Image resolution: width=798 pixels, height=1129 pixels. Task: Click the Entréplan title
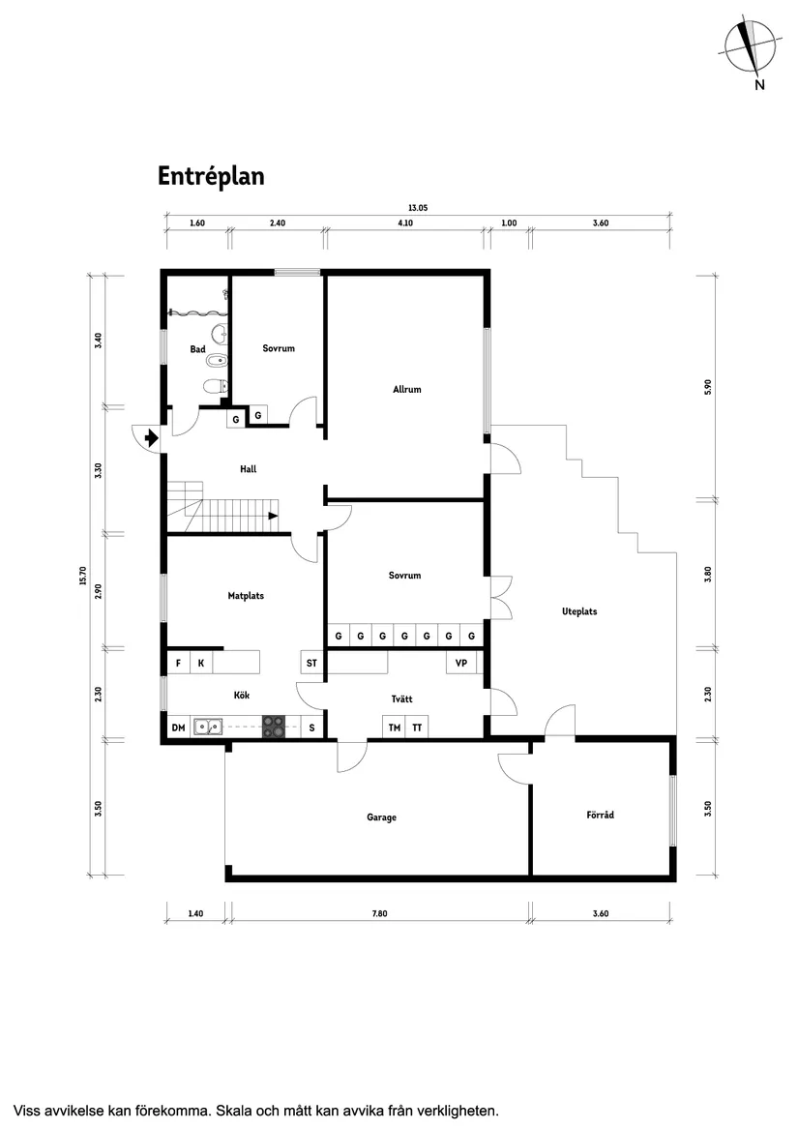[211, 176]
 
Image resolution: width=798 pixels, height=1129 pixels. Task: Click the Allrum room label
[407, 390]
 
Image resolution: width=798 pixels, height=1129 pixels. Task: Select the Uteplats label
[579, 611]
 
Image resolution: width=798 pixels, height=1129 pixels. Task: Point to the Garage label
[381, 817]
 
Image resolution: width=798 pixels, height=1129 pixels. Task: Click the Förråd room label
[600, 816]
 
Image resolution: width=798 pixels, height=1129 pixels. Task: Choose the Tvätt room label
[402, 698]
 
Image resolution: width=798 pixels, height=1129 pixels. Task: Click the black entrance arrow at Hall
[150, 438]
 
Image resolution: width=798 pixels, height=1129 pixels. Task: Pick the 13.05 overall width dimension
[417, 207]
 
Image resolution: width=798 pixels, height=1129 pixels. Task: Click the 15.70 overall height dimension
[83, 576]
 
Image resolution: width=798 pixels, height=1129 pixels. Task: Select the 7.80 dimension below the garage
[381, 913]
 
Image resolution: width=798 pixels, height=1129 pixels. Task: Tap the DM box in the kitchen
[178, 728]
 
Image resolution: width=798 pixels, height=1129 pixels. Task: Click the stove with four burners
[275, 727]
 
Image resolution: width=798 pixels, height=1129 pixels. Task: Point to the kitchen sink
[207, 727]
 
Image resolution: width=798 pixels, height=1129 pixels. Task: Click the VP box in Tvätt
[461, 664]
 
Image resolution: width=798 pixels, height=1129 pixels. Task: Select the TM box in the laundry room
[394, 728]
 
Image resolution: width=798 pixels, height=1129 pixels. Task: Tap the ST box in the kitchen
[311, 664]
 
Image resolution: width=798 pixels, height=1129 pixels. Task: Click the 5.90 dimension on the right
[708, 385]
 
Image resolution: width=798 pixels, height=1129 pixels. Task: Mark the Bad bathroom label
[197, 349]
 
